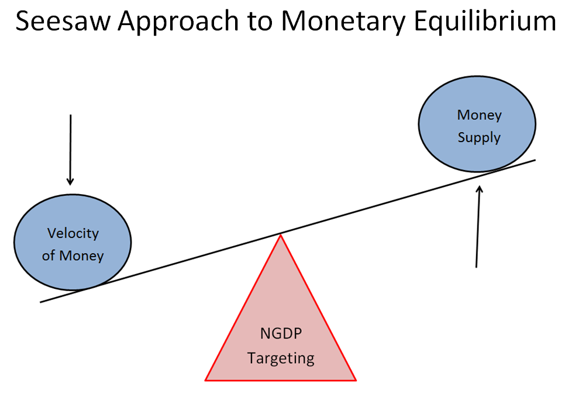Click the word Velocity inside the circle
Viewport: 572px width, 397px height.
coord(73,233)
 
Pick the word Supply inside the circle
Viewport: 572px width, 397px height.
coord(479,137)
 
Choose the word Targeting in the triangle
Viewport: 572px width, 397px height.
coord(281,358)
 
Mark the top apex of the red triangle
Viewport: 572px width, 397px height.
coord(281,234)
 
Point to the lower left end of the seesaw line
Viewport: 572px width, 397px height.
coord(41,302)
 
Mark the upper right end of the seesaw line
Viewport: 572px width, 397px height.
coord(535,160)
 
